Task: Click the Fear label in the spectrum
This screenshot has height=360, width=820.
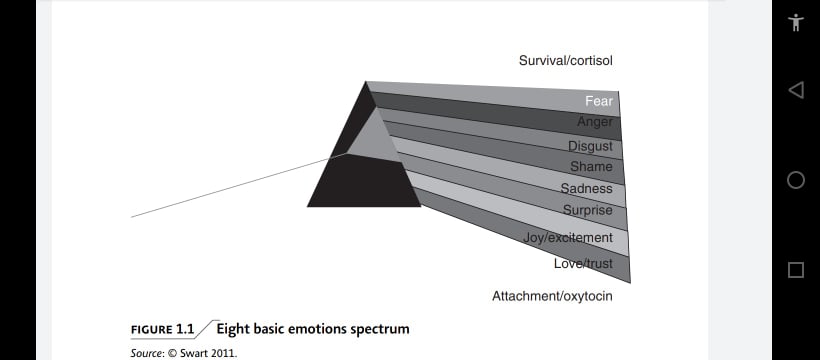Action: (x=599, y=101)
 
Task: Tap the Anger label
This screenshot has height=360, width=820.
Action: (x=595, y=122)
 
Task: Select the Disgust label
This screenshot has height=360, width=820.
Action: (x=590, y=146)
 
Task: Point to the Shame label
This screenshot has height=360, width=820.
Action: (x=591, y=166)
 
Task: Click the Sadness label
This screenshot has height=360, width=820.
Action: (x=586, y=188)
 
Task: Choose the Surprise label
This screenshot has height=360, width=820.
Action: (x=588, y=210)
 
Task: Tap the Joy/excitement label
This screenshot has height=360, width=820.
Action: (x=567, y=238)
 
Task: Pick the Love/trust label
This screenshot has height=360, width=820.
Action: (x=583, y=263)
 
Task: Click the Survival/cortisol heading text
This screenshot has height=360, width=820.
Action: (x=565, y=61)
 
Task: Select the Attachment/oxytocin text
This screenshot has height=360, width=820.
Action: (x=552, y=297)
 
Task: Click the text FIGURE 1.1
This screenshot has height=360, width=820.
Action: (x=162, y=330)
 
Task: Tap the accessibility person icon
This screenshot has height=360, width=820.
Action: (x=796, y=22)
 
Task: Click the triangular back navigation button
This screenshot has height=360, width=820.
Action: (x=795, y=90)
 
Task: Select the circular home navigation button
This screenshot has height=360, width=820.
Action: (x=796, y=180)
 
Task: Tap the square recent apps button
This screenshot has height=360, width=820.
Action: (x=796, y=270)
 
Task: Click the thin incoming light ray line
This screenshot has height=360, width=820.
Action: (x=238, y=185)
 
